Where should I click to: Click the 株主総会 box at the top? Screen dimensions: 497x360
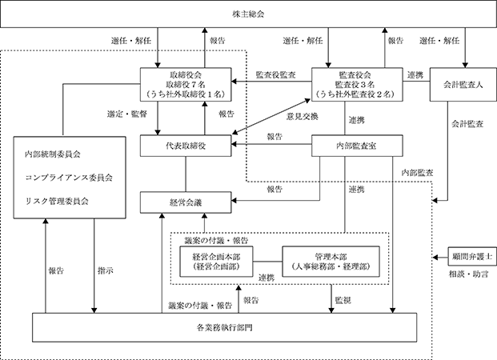248,14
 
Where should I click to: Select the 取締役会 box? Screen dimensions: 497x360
186,84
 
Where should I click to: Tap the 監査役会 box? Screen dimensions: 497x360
357,84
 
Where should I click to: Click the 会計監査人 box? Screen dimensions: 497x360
463,84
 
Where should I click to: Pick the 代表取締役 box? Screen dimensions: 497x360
186,146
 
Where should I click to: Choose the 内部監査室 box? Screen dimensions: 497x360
357,146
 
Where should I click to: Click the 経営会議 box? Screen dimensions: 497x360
186,202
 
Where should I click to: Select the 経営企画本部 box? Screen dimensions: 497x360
216,262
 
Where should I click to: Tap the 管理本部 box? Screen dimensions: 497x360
331,262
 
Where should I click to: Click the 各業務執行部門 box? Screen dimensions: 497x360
224,327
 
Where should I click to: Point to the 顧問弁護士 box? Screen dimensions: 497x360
472,256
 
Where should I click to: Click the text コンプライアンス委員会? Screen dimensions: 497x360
69,178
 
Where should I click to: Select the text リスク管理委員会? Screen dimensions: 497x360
57,201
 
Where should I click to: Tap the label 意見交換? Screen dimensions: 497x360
303,117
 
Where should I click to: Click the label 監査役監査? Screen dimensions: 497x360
276,74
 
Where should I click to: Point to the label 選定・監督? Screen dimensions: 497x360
127,114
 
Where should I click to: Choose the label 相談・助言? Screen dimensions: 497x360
468,274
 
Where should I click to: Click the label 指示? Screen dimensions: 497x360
106,270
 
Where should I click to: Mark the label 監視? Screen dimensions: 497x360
343,300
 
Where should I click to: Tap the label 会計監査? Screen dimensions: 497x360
467,123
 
